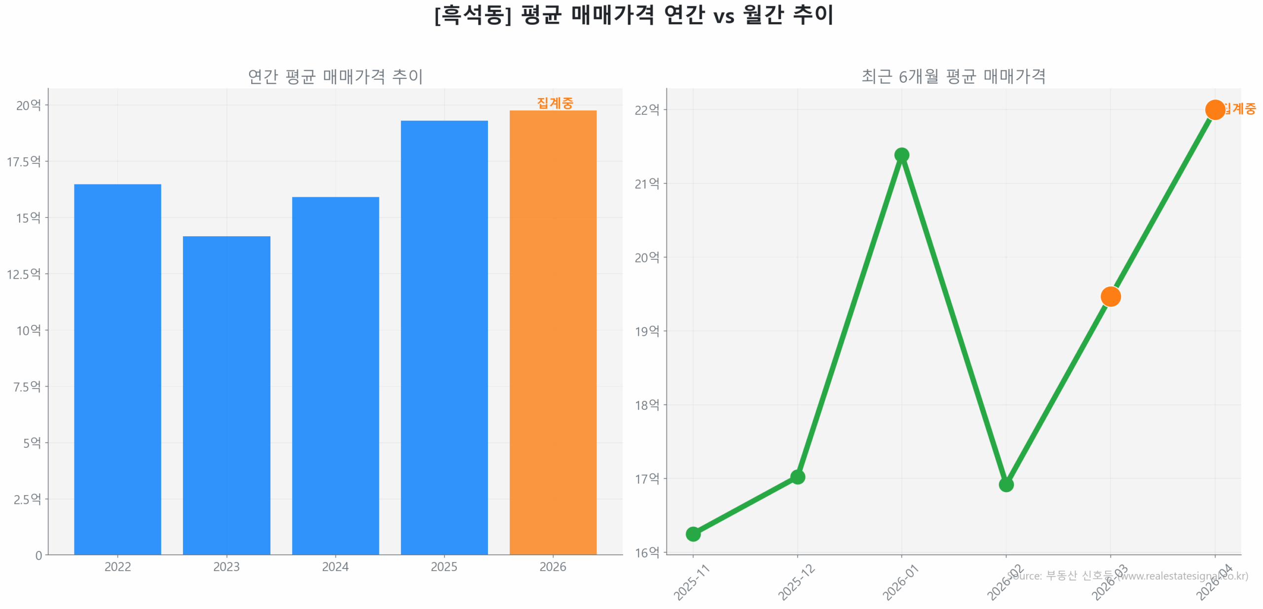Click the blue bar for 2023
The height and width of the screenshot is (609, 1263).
point(226,394)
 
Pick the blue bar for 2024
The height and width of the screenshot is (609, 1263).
point(335,375)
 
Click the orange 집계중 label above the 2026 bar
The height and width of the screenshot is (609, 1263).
point(555,103)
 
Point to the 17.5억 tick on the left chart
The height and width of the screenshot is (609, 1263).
point(24,161)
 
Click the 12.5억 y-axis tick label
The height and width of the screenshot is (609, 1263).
point(24,274)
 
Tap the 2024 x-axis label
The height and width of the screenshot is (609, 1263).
point(335,567)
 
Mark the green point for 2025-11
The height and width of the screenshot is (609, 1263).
point(693,534)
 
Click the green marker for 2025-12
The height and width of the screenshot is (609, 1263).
point(797,477)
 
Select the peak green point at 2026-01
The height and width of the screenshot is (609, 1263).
point(901,155)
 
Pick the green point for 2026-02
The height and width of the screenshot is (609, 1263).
point(1006,485)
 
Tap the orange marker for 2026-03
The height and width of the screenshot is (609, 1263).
point(1110,296)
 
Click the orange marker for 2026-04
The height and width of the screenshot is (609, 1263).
point(1214,109)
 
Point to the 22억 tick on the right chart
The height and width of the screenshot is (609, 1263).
point(647,109)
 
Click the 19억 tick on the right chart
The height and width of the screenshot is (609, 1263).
point(647,331)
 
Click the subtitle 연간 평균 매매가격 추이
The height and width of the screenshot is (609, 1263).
point(335,76)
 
